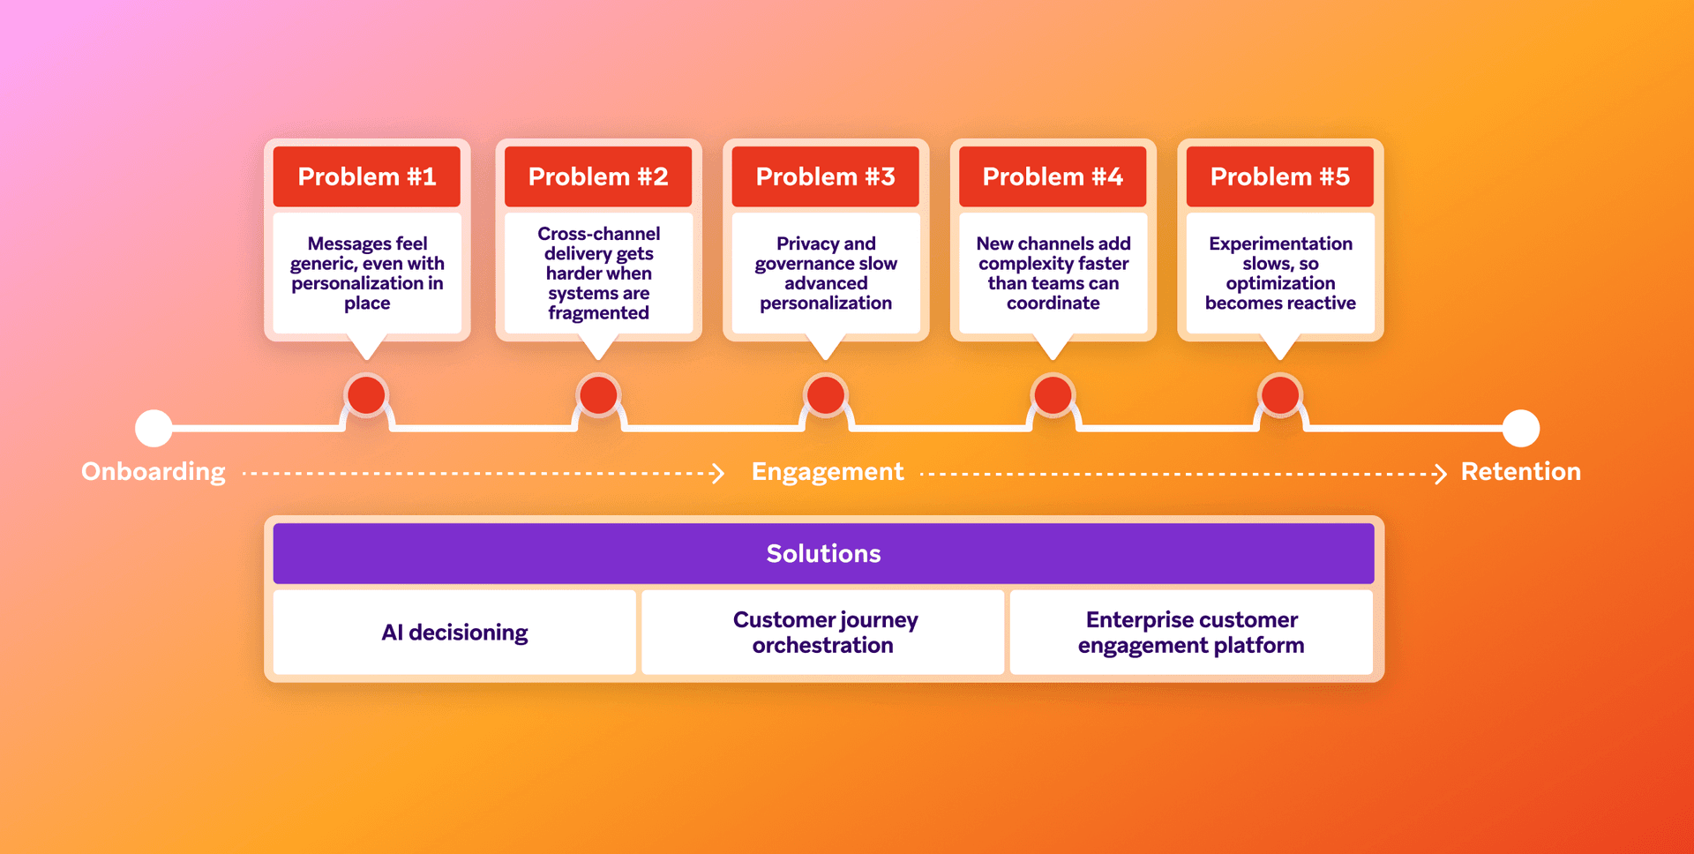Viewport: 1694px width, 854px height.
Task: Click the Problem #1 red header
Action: click(x=367, y=176)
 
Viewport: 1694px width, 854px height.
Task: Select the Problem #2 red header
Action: click(x=598, y=176)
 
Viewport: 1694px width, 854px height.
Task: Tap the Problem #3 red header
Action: click(x=826, y=176)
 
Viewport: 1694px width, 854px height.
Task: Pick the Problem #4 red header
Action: click(x=1053, y=176)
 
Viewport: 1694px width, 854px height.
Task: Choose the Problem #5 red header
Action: click(x=1280, y=176)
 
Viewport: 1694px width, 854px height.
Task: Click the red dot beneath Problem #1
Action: click(x=366, y=394)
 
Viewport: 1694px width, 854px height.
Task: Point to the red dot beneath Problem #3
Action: click(x=826, y=394)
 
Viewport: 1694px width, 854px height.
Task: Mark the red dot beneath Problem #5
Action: click(x=1280, y=394)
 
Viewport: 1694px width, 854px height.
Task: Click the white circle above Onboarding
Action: click(x=154, y=428)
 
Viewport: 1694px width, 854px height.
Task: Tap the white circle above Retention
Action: click(x=1521, y=428)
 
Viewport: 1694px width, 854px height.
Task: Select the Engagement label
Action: click(x=828, y=472)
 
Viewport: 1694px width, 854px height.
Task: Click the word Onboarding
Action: click(x=154, y=472)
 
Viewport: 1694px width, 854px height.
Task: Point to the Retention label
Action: click(x=1521, y=472)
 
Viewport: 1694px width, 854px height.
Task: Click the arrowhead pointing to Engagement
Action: click(x=719, y=474)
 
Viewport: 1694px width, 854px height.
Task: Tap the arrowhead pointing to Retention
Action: click(x=1441, y=474)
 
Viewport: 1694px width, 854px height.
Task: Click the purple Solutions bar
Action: click(x=823, y=553)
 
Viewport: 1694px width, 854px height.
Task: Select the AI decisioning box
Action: click(x=454, y=633)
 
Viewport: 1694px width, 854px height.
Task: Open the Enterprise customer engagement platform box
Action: click(x=1191, y=633)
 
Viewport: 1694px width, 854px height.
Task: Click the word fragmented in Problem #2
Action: click(x=598, y=313)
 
